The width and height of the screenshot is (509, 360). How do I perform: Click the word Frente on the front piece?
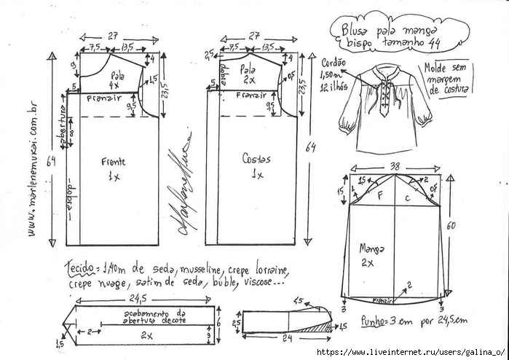point(112,164)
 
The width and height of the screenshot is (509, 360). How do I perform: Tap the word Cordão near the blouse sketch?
point(333,63)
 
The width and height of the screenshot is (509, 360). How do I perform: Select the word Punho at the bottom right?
point(374,319)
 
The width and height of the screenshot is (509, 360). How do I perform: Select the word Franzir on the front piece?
point(103,98)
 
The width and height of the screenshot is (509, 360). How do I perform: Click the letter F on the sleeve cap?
point(379,195)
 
